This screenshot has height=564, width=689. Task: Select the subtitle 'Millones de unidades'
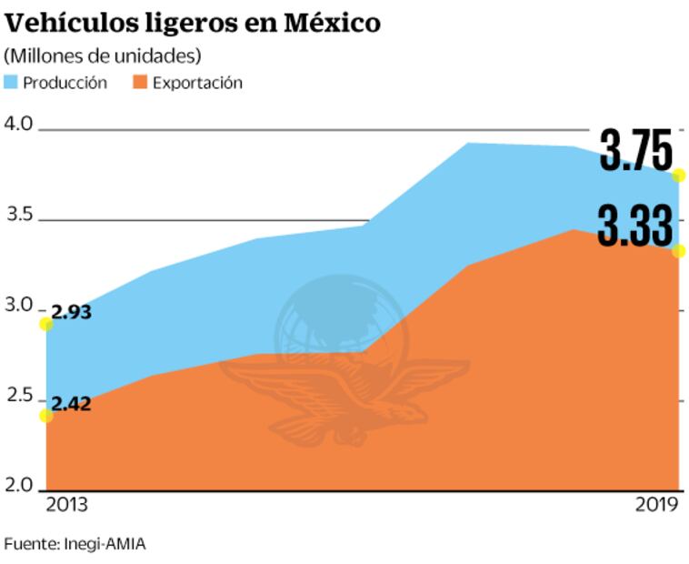coord(103,55)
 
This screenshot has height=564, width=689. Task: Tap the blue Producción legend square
coord(11,83)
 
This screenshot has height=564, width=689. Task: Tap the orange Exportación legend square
coord(140,83)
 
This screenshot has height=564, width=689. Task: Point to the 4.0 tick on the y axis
coord(19,125)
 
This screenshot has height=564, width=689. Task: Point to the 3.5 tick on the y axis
coord(19,216)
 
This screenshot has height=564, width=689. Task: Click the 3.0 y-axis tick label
coord(19,306)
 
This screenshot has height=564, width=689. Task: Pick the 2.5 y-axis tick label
coord(19,397)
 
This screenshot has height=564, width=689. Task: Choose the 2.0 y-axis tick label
coord(19,485)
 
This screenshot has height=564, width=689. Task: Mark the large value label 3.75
coord(635,151)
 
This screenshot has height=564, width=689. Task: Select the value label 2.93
coord(72,312)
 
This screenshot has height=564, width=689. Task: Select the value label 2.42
coord(72,404)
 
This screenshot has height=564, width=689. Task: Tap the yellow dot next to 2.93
coord(45,324)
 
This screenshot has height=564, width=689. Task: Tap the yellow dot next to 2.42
coord(45,416)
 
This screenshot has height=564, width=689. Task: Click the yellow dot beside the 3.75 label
coord(678,175)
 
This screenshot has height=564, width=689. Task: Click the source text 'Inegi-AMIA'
coord(105,544)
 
